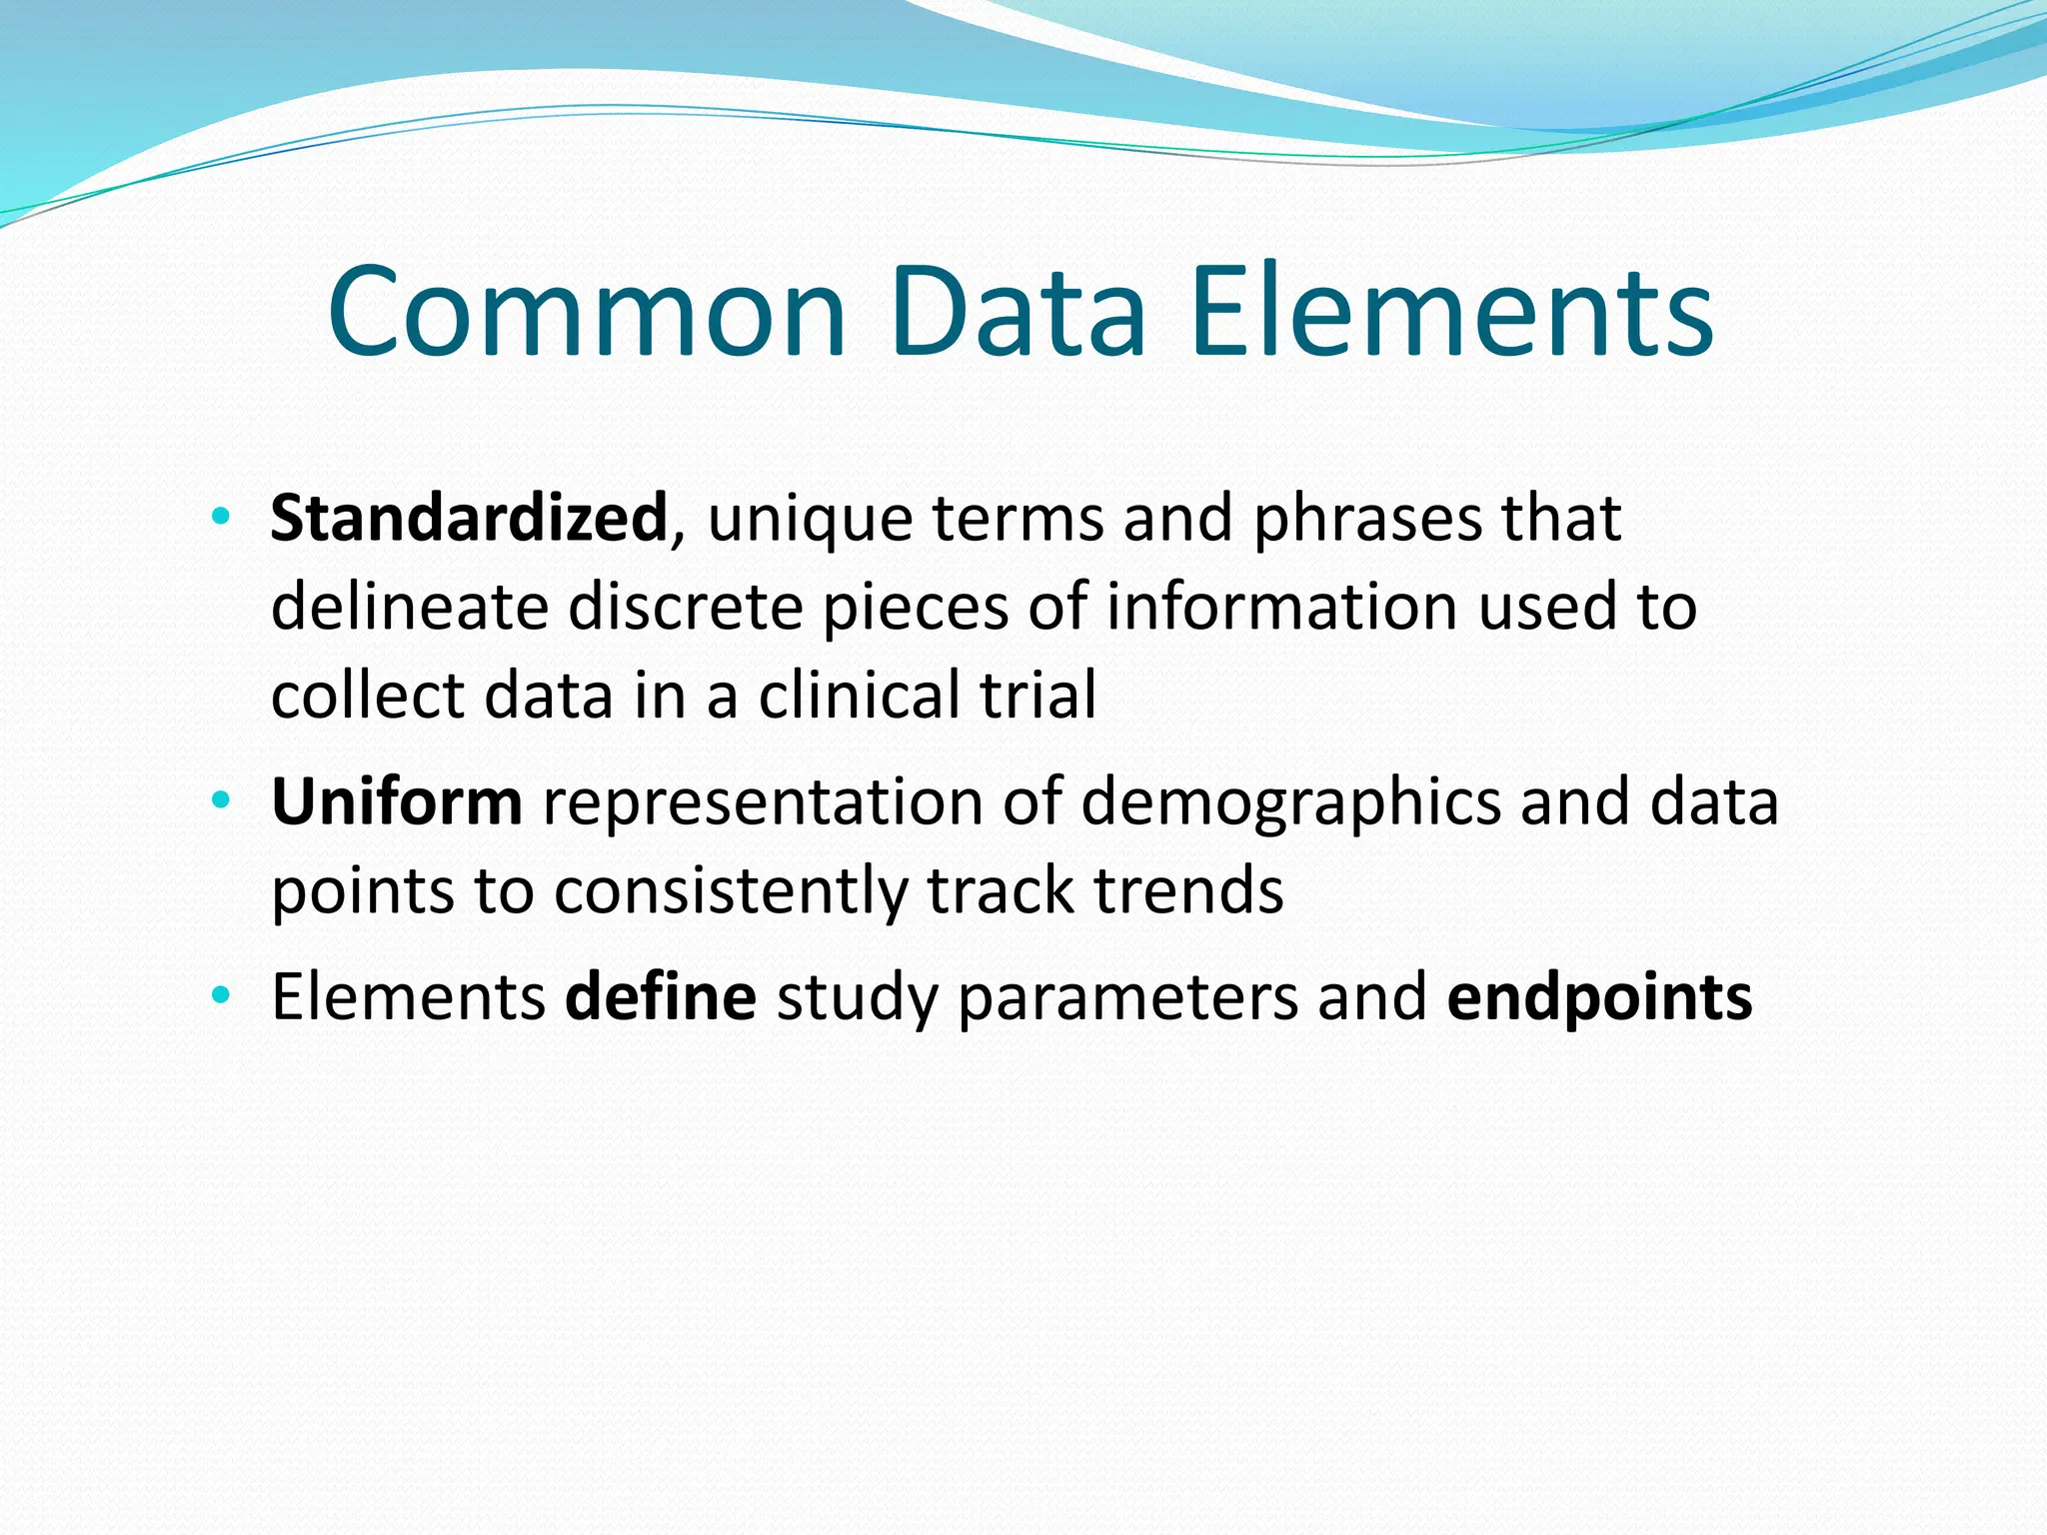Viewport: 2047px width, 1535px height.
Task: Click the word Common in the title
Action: [x=587, y=312]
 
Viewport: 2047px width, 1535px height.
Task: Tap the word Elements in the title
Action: [x=1452, y=312]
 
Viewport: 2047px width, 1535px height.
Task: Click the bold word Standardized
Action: [x=468, y=519]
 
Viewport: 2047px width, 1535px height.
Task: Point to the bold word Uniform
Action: [x=396, y=802]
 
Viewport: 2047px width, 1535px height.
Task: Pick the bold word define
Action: [x=661, y=997]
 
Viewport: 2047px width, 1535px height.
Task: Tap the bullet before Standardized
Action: [x=221, y=518]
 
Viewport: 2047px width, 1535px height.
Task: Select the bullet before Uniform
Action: [x=221, y=801]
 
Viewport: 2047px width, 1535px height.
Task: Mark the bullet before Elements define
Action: [x=221, y=996]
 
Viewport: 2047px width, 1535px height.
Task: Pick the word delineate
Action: [x=409, y=607]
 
